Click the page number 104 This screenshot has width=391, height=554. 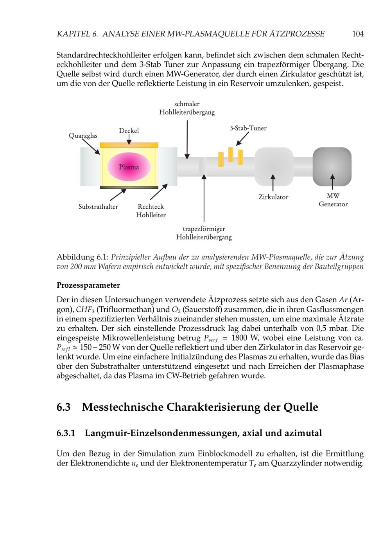pos(358,34)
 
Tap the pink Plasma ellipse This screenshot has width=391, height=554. pos(129,167)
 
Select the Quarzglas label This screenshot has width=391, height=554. pos(83,136)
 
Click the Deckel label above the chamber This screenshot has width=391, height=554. pos(129,130)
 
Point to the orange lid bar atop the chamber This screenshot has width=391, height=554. pos(129,145)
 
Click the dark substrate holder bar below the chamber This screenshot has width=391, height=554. pos(129,188)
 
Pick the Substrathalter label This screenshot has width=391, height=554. pos(98,207)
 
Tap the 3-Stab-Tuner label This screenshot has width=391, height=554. pos(248,128)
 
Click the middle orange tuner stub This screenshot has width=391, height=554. pos(231,154)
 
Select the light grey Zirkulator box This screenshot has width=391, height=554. pos(274,166)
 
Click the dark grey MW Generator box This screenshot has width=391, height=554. pos(332,166)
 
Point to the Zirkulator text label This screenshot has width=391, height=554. pos(273,197)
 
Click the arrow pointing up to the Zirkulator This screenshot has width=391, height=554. pos(273,182)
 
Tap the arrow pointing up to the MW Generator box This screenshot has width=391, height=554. pos(332,182)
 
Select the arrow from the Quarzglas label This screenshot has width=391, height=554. pos(91,147)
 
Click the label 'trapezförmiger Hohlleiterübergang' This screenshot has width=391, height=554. pos(204,233)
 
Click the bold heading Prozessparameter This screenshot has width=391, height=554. pos(88,285)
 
